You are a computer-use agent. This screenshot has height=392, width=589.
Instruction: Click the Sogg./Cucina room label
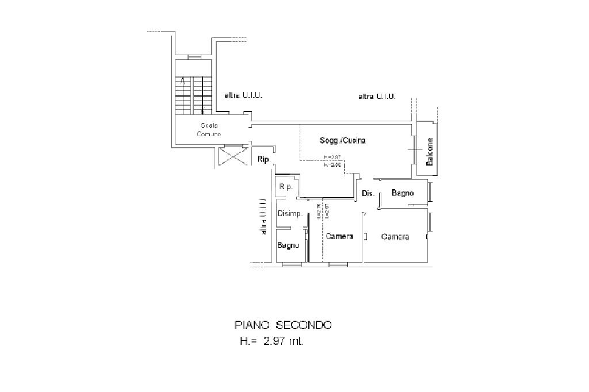click(x=343, y=141)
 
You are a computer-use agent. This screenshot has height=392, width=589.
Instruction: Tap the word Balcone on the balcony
click(x=430, y=152)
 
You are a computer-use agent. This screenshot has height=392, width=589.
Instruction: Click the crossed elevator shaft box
click(x=234, y=156)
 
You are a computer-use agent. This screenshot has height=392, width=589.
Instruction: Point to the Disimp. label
click(x=290, y=214)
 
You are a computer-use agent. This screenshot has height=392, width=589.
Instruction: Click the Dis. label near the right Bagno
click(x=368, y=194)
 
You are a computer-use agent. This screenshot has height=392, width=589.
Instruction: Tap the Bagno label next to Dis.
click(x=403, y=193)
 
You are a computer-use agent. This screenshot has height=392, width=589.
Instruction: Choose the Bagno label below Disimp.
click(x=288, y=245)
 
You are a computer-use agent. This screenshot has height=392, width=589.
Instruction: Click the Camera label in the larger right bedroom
click(x=395, y=237)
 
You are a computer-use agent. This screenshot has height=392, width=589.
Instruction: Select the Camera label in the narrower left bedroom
click(x=339, y=236)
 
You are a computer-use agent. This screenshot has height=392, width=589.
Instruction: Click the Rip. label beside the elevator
click(x=263, y=159)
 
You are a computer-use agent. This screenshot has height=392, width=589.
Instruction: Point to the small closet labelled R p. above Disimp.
click(x=286, y=187)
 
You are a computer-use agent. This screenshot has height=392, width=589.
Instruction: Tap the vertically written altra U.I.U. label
click(x=263, y=217)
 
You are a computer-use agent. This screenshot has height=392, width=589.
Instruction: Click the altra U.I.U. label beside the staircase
click(x=243, y=95)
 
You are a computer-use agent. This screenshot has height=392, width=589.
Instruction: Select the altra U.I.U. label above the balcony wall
click(x=377, y=96)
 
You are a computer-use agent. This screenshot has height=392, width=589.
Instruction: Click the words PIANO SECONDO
click(x=283, y=325)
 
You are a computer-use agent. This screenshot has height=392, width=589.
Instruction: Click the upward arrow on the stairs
click(x=183, y=82)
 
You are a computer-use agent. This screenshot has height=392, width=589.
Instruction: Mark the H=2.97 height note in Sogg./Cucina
click(x=332, y=157)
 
